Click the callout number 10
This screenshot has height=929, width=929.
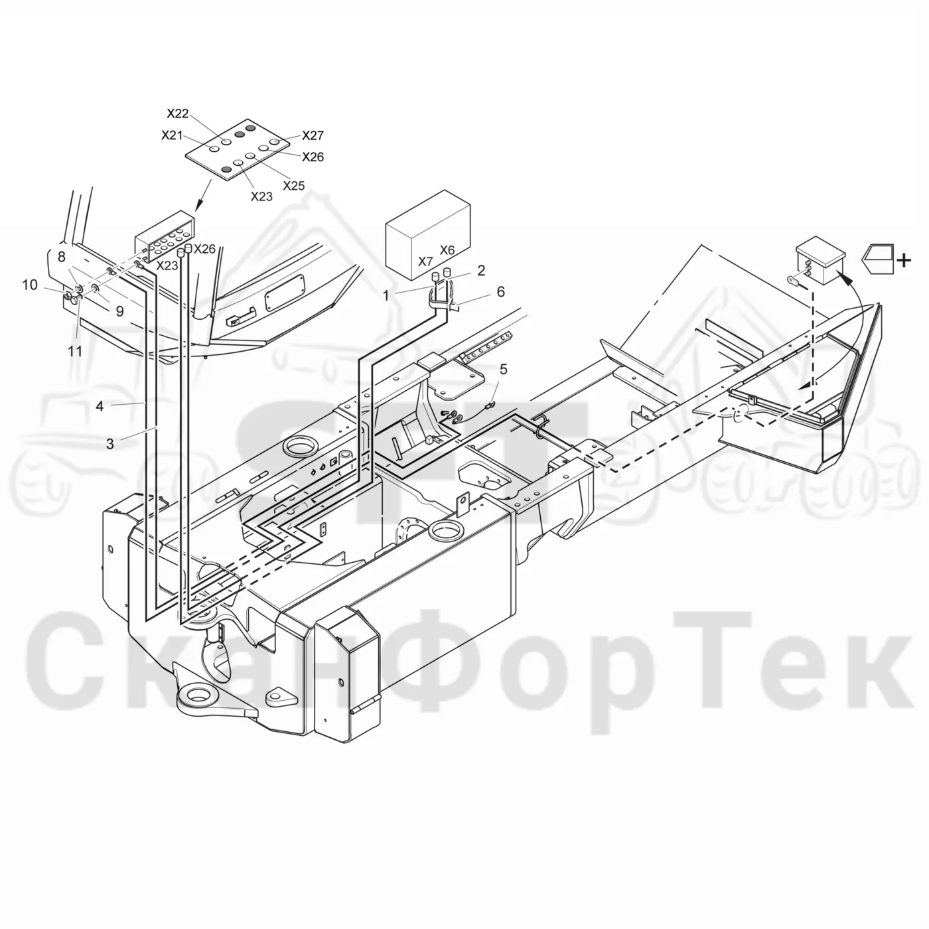tap(30, 285)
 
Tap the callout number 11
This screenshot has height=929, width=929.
tap(75, 351)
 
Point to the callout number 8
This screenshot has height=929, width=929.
tap(61, 257)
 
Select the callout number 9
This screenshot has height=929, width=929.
tap(119, 311)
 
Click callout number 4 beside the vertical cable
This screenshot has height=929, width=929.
tap(100, 406)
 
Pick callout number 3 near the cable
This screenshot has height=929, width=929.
tap(110, 443)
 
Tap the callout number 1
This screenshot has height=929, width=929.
tap(386, 295)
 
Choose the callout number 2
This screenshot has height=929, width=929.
tap(481, 271)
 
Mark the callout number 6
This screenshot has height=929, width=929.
tap(501, 292)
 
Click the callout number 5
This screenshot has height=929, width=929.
tap(503, 370)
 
